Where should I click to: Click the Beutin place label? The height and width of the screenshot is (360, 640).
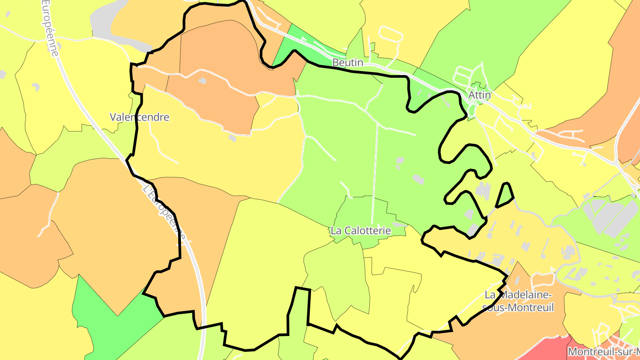(348, 63)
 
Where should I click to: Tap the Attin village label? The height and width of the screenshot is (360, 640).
(480, 95)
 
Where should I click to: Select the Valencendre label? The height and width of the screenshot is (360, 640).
(140, 117)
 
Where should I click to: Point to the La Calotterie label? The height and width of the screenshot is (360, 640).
(360, 231)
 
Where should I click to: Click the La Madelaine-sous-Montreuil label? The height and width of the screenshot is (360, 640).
(518, 301)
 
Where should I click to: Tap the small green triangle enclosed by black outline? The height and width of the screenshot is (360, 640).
(505, 196)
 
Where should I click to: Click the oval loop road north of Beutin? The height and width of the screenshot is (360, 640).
(391, 34)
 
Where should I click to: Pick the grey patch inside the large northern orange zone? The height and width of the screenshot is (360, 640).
(202, 80)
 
